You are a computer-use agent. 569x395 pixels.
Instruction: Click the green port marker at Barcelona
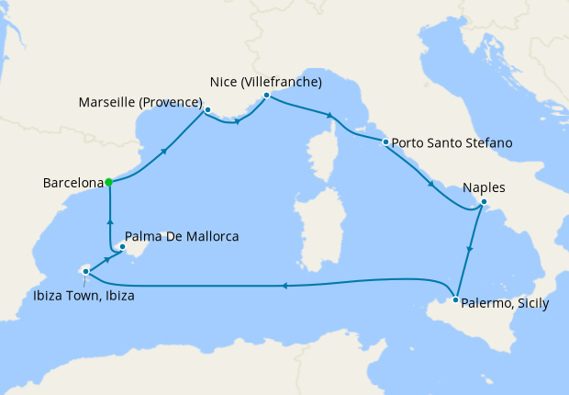point(108,182)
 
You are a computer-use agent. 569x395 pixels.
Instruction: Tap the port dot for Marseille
point(208,110)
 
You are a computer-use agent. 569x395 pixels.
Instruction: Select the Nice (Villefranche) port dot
point(266,96)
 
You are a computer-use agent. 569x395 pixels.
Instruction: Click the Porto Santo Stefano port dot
point(385,142)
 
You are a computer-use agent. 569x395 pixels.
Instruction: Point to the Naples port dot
point(485,203)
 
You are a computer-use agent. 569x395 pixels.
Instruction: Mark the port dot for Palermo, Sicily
point(456,299)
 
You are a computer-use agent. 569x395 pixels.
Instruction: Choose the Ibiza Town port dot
point(85,271)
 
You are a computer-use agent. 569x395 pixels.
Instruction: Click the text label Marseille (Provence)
point(140,101)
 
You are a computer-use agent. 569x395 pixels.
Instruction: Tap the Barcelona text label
point(72,183)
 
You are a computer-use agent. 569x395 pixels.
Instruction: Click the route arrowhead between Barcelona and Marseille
point(165,151)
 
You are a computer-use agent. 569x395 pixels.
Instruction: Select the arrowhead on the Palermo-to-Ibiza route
point(284,286)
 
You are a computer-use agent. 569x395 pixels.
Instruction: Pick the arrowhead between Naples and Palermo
point(470,249)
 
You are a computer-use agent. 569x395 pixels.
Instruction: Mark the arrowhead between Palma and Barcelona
point(109,221)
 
